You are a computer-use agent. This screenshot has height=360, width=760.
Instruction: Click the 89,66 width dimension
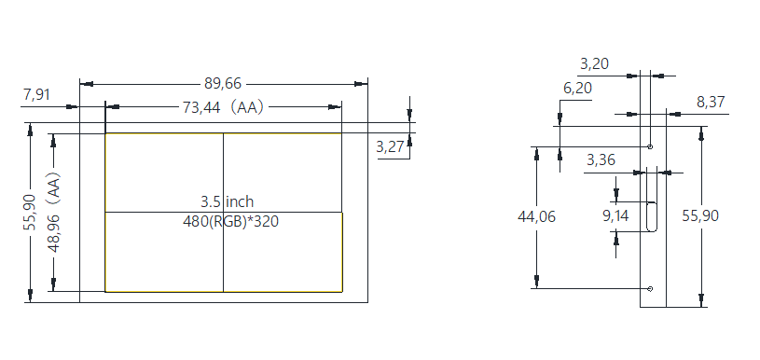pyautogui.click(x=223, y=83)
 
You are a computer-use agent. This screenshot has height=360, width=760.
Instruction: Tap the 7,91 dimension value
pyautogui.click(x=36, y=94)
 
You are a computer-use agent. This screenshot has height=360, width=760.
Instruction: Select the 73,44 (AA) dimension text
pyautogui.click(x=223, y=107)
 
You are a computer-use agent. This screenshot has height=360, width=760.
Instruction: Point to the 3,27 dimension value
pyautogui.click(x=390, y=146)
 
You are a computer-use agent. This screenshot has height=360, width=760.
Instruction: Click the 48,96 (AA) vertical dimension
pyautogui.click(x=54, y=213)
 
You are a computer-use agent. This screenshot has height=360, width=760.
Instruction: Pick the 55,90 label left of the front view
pyautogui.click(x=31, y=213)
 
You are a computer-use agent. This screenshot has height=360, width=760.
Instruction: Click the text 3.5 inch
pyautogui.click(x=227, y=201)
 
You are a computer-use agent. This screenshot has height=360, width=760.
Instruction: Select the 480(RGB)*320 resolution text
pyautogui.click(x=230, y=221)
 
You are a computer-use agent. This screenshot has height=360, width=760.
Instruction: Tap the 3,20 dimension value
pyautogui.click(x=594, y=63)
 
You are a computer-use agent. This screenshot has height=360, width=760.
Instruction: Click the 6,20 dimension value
pyautogui.click(x=578, y=89)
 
